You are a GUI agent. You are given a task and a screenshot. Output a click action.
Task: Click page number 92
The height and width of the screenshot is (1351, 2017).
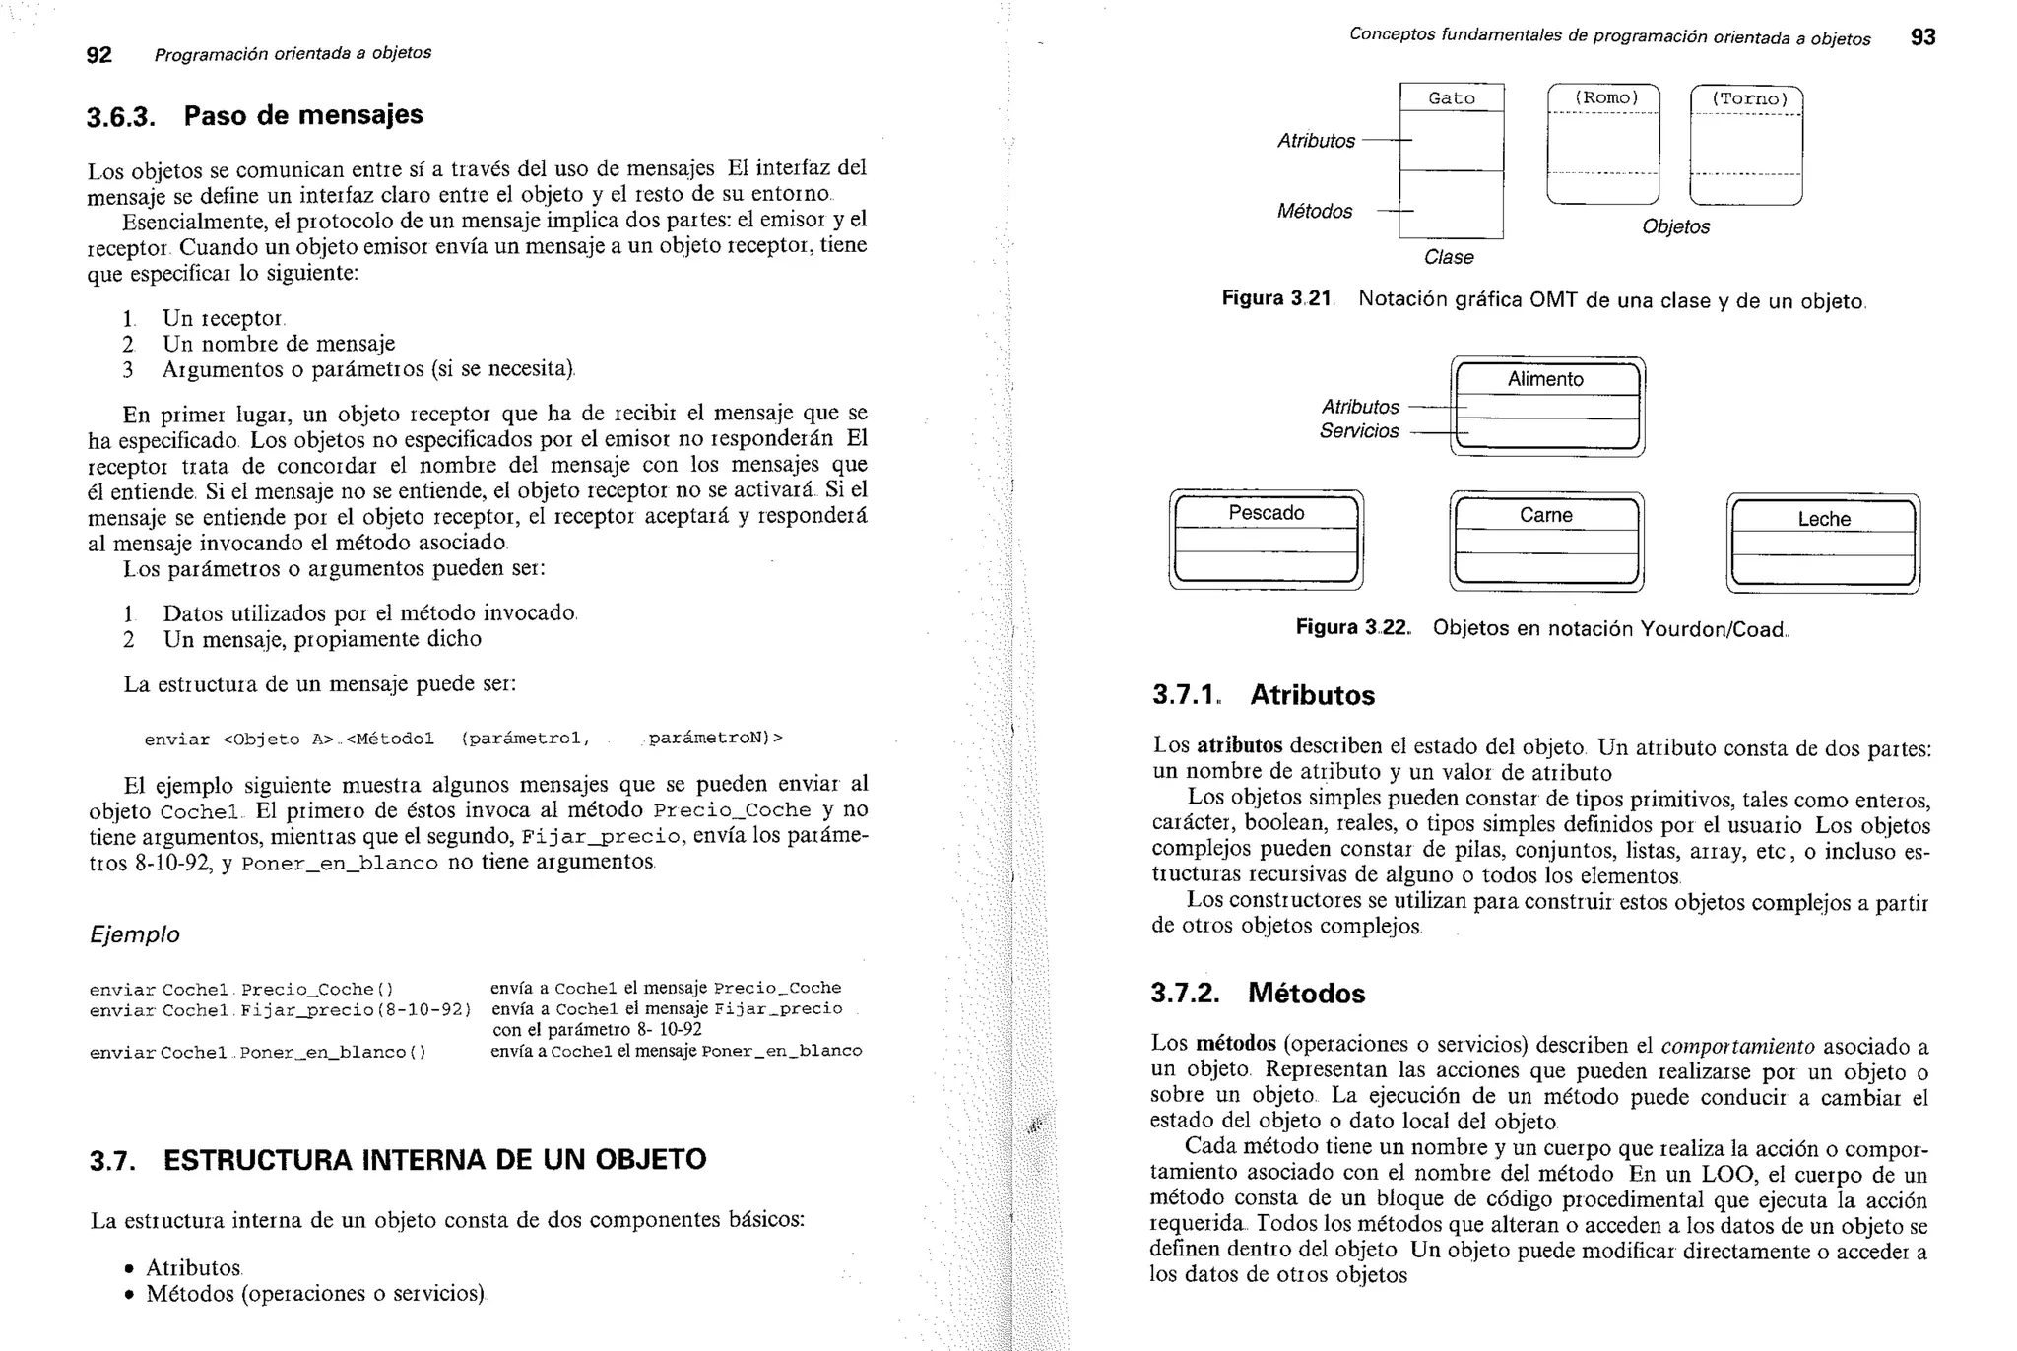(x=98, y=55)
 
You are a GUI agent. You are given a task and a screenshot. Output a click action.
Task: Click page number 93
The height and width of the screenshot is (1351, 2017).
(x=1922, y=37)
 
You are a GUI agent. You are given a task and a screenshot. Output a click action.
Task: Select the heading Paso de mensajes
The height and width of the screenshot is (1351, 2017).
(x=303, y=115)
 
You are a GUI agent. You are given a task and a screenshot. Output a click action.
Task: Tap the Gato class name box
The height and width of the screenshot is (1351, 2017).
(x=1452, y=98)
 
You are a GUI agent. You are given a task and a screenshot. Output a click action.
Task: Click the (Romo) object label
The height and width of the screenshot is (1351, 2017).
(x=1605, y=97)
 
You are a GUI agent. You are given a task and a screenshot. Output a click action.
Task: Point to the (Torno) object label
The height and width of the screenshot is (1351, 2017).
(x=1748, y=99)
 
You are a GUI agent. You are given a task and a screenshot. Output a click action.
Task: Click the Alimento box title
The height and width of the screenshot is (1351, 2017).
(x=1545, y=379)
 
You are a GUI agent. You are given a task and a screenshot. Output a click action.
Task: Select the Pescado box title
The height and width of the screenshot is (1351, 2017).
(x=1266, y=513)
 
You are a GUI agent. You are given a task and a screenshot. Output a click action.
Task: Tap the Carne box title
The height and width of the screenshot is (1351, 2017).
(x=1545, y=515)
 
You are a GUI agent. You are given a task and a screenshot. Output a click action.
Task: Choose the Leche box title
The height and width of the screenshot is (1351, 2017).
(x=1823, y=519)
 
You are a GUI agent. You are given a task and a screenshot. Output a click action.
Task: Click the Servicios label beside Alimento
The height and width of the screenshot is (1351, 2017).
(x=1359, y=431)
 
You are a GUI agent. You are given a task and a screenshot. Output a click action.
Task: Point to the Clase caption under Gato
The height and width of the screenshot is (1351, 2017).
(x=1449, y=257)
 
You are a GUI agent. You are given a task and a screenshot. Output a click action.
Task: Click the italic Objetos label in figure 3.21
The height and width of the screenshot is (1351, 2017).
(x=1675, y=226)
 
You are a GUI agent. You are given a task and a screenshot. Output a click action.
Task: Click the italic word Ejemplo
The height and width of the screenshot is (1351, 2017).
(x=135, y=934)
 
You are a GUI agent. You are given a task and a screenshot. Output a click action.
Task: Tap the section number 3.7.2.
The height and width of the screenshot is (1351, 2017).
(x=1185, y=993)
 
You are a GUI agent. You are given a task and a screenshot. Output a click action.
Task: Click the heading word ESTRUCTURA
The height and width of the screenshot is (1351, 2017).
(x=258, y=1160)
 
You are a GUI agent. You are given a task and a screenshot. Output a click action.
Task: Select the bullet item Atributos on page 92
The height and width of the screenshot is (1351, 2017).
(x=193, y=1267)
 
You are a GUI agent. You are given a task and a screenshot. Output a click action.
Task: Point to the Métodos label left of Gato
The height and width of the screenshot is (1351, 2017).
(x=1315, y=211)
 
